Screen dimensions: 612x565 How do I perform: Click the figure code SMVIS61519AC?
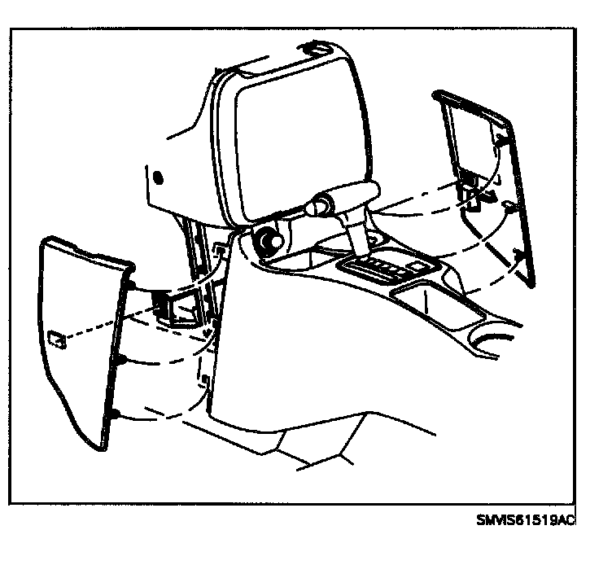[525, 518]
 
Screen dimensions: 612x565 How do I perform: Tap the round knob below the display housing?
[265, 241]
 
